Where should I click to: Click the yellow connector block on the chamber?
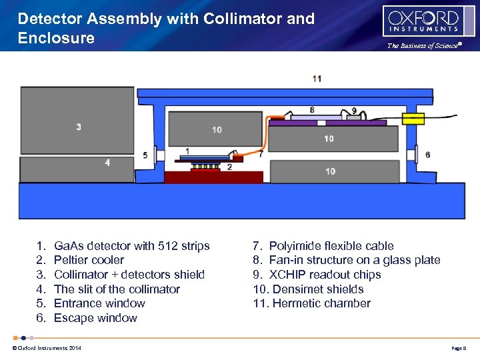pyautogui.click(x=413, y=119)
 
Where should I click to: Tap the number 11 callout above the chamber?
pyautogui.click(x=317, y=79)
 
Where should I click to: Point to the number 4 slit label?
pyautogui.click(x=107, y=163)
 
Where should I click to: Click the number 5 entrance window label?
pyautogui.click(x=145, y=155)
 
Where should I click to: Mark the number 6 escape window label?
pyautogui.click(x=427, y=155)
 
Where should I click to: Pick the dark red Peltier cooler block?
pyautogui.click(x=213, y=177)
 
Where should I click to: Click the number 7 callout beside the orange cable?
pyautogui.click(x=261, y=153)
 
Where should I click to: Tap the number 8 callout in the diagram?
pyautogui.click(x=313, y=109)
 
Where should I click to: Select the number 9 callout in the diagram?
pyautogui.click(x=353, y=110)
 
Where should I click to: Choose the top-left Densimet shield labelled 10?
pyautogui.click(x=217, y=129)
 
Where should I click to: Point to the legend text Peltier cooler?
pyautogui.click(x=89, y=260)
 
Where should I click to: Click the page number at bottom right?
pyautogui.click(x=461, y=348)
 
